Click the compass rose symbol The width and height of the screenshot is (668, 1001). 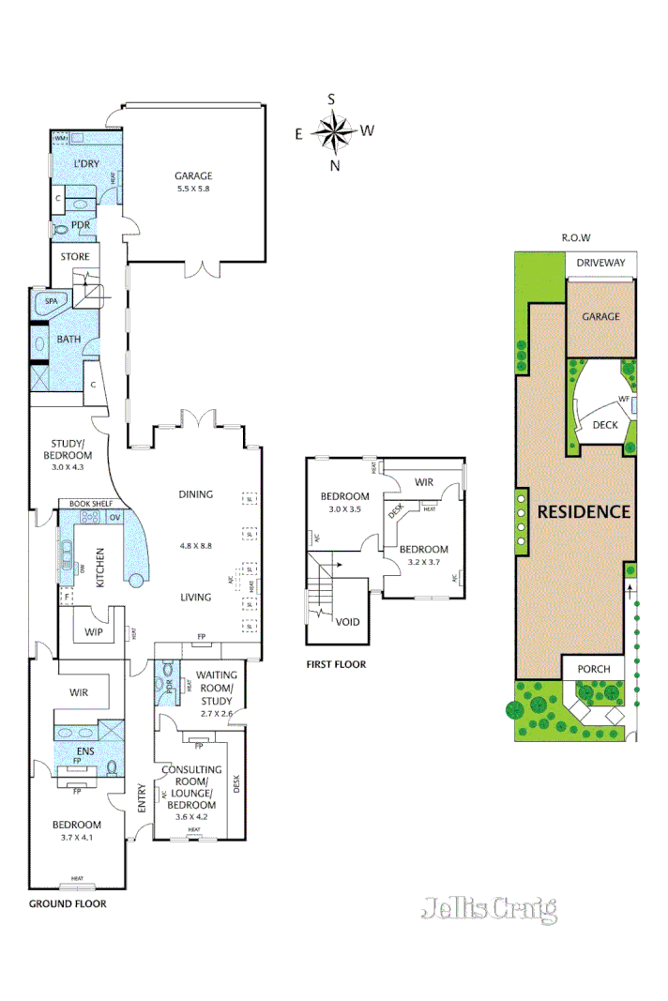(x=333, y=131)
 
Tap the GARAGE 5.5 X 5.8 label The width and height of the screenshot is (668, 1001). (x=193, y=181)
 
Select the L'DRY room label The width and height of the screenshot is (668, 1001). (x=86, y=164)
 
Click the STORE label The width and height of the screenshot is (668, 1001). (x=75, y=256)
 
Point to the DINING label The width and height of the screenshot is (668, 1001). (x=196, y=494)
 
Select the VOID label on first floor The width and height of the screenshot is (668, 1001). (x=348, y=620)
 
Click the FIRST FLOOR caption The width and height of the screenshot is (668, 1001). (x=336, y=664)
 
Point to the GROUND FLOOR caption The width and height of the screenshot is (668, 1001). (x=67, y=904)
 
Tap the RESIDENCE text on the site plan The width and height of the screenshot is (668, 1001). (x=583, y=511)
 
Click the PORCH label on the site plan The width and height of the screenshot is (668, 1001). (x=593, y=669)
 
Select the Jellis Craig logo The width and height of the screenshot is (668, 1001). (x=489, y=908)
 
